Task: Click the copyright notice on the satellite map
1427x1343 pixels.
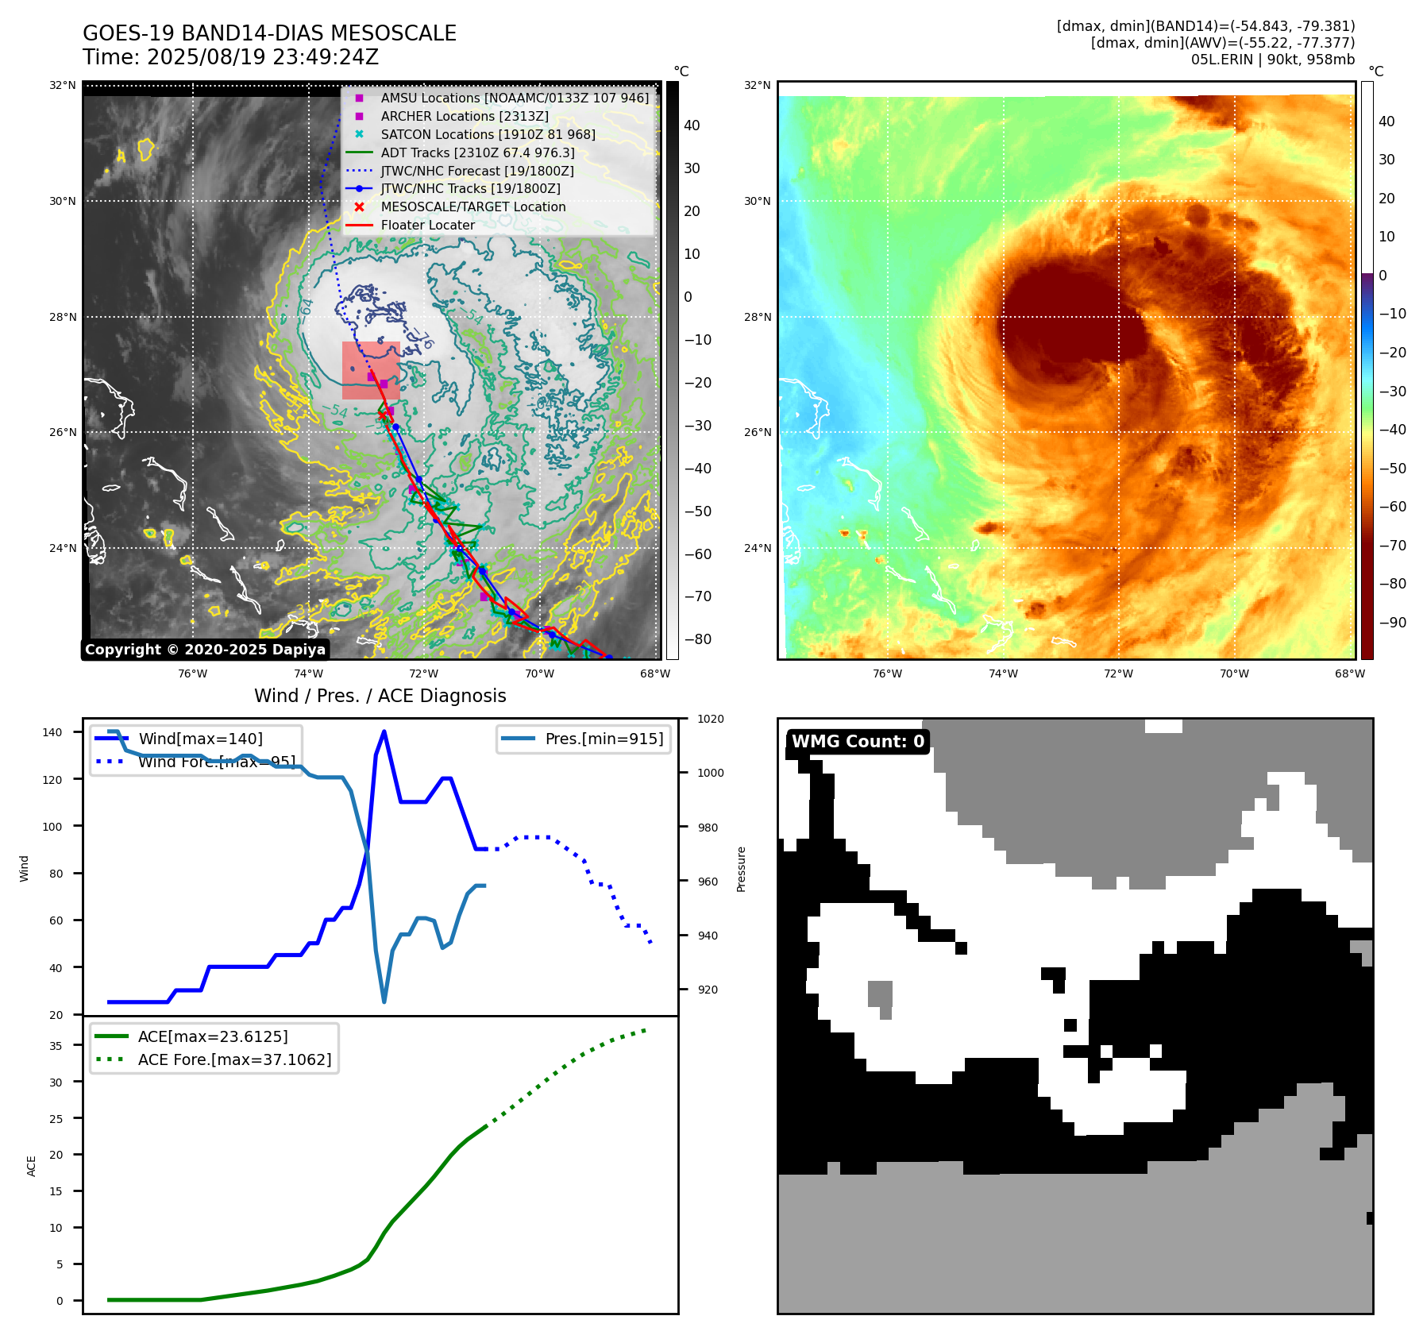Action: coord(205,650)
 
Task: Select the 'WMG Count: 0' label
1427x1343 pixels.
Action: coord(858,741)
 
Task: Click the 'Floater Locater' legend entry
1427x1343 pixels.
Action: coord(427,225)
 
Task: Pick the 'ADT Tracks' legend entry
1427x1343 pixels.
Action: coord(477,152)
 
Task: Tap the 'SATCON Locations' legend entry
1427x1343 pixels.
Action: coord(488,134)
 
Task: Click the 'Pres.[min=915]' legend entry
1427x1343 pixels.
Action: coord(604,739)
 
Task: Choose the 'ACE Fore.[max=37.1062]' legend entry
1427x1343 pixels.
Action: coord(234,1059)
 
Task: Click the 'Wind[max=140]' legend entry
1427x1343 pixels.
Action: coord(200,739)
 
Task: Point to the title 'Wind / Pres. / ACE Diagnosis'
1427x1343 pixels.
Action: coord(380,696)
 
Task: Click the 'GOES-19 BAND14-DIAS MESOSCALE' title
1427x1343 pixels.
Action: coord(269,33)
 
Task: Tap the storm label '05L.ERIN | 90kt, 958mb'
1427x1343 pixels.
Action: coord(1272,59)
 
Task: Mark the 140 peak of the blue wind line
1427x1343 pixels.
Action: coord(384,731)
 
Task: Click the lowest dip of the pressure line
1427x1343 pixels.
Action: coord(384,1001)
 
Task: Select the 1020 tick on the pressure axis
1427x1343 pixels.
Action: coord(710,719)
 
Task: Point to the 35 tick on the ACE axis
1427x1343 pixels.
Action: coord(56,1046)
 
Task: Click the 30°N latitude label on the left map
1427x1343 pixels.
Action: coord(63,201)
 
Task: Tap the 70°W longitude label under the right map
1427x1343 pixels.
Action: coord(1233,673)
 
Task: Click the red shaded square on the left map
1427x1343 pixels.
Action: coord(371,370)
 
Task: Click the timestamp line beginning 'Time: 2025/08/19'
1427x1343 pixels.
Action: coord(230,57)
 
